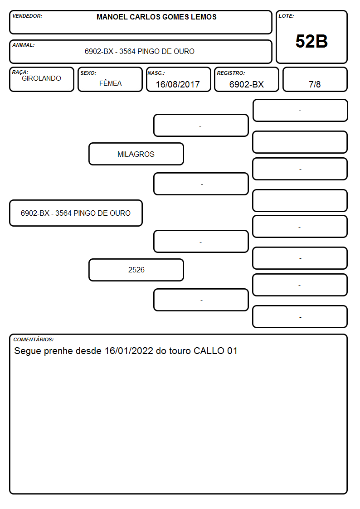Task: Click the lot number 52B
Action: point(311,41)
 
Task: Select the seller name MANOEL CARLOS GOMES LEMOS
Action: point(156,17)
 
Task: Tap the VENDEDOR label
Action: point(27,16)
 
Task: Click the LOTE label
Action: point(286,16)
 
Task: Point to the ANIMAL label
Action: point(24,45)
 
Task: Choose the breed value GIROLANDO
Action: point(42,78)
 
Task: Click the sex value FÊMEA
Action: point(110,83)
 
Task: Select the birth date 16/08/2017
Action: point(178,84)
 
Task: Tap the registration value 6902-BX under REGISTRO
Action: point(246,84)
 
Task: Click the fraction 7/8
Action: point(315,84)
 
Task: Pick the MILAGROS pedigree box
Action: point(136,154)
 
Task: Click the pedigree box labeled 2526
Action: point(136,270)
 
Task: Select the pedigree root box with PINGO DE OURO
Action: point(76,213)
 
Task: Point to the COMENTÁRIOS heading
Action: point(34,339)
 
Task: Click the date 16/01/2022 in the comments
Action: point(129,351)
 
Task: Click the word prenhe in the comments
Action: point(58,351)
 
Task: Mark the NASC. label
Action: point(156,73)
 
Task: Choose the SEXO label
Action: point(88,73)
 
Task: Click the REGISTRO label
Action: point(231,73)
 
